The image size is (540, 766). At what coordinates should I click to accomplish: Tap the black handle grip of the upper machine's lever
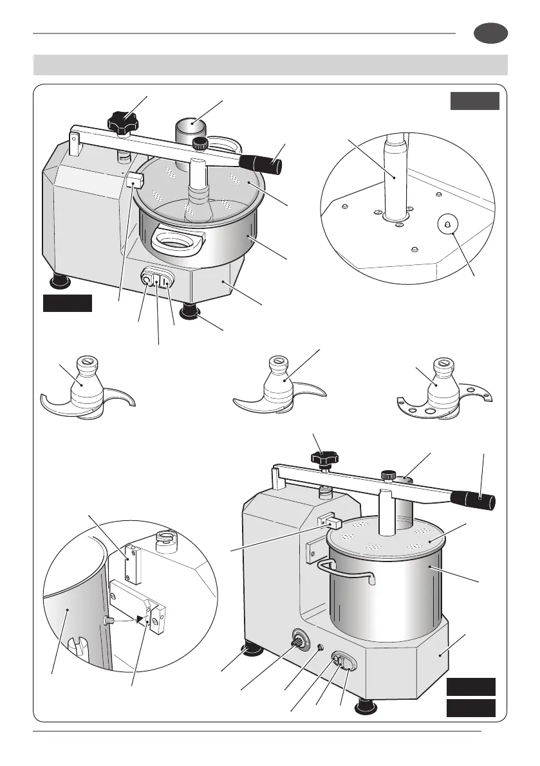click(266, 165)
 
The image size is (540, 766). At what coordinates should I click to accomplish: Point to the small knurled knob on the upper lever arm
click(202, 143)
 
